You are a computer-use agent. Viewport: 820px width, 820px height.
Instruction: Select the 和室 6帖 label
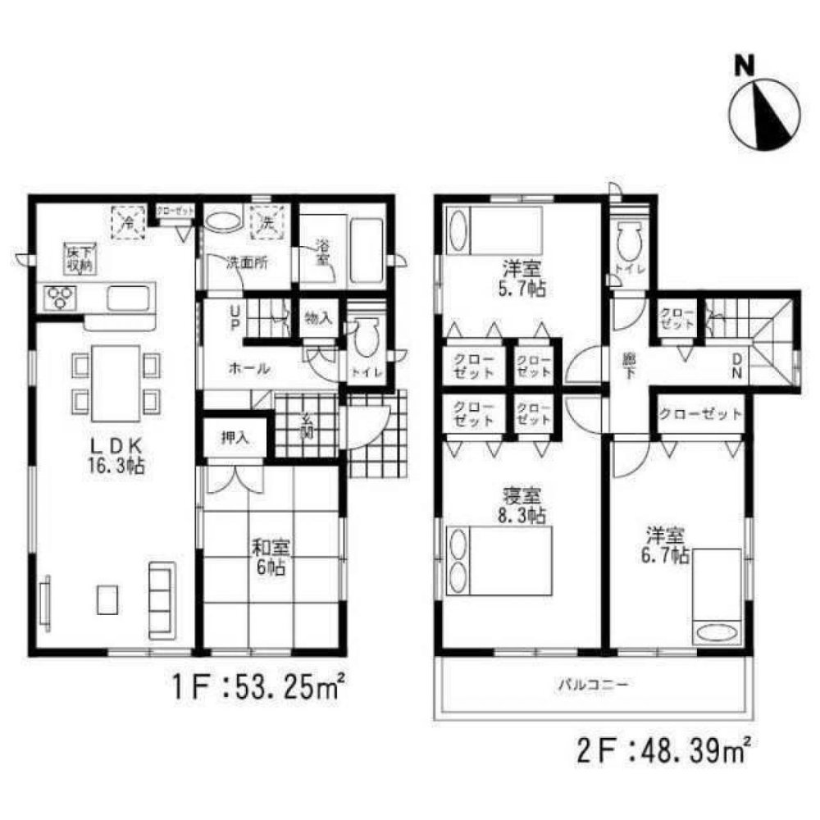coord(267,558)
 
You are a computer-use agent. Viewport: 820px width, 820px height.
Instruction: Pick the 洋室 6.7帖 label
coord(665,544)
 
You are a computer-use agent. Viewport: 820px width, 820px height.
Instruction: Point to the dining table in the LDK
coord(114,382)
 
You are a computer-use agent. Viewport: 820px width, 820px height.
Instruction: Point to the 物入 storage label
coord(318,318)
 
